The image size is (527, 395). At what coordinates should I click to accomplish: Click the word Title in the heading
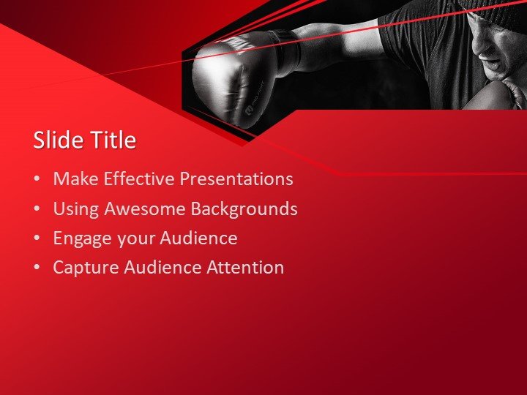click(x=112, y=140)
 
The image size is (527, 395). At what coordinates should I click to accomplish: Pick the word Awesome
click(x=145, y=209)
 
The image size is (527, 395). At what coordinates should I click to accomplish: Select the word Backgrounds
click(x=244, y=209)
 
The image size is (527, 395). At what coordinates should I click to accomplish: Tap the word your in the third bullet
click(x=129, y=239)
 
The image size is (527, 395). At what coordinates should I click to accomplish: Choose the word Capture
click(x=84, y=268)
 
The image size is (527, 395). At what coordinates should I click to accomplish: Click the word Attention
click(x=244, y=268)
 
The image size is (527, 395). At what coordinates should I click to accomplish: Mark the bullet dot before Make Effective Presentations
click(x=37, y=180)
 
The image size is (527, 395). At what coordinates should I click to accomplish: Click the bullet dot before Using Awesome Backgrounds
click(x=37, y=210)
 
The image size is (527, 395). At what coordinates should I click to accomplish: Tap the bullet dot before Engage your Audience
click(x=37, y=239)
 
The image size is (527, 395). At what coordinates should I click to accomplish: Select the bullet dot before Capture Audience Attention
click(x=37, y=268)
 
